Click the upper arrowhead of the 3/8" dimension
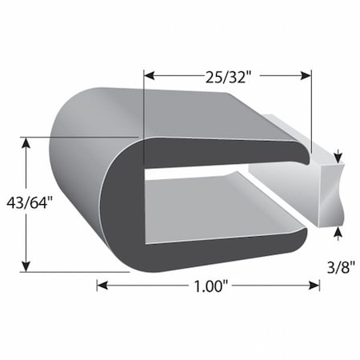point(339,155)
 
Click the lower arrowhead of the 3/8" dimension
point(339,232)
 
